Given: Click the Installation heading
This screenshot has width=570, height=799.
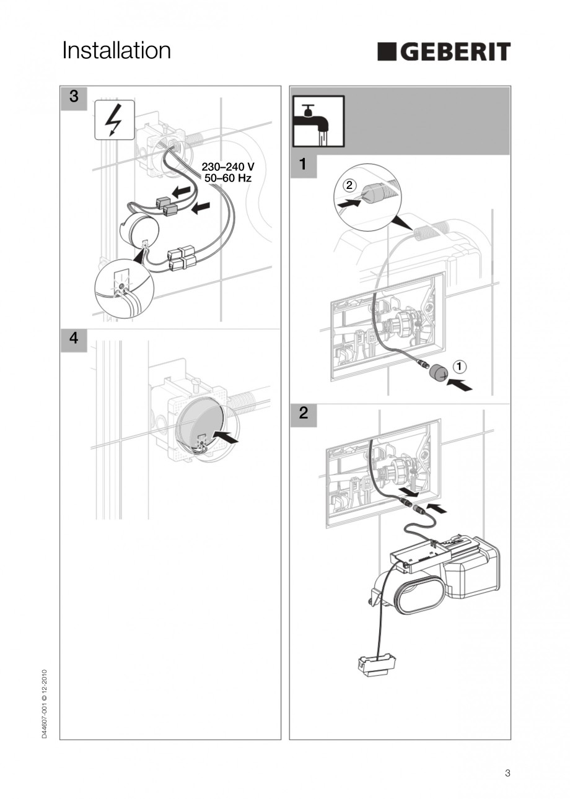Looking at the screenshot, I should (116, 51).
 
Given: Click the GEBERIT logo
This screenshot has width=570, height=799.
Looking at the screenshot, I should (444, 51).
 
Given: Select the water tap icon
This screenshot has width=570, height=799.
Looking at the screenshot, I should (318, 121).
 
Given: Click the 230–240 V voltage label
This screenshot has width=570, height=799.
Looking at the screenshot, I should (228, 167).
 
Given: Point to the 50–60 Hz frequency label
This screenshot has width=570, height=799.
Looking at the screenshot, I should (228, 178).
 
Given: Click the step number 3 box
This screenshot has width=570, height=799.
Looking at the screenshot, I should (74, 97).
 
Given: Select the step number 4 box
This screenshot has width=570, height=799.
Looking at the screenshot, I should (74, 339).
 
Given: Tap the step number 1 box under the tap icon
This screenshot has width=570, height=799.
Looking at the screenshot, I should (303, 165).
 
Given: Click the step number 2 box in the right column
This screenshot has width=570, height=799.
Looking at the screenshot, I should (303, 414).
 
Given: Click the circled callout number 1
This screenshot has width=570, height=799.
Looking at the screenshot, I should (459, 366).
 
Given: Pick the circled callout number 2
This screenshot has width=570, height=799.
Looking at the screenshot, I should (349, 185).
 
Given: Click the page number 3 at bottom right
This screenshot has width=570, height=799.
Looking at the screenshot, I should (507, 772).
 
